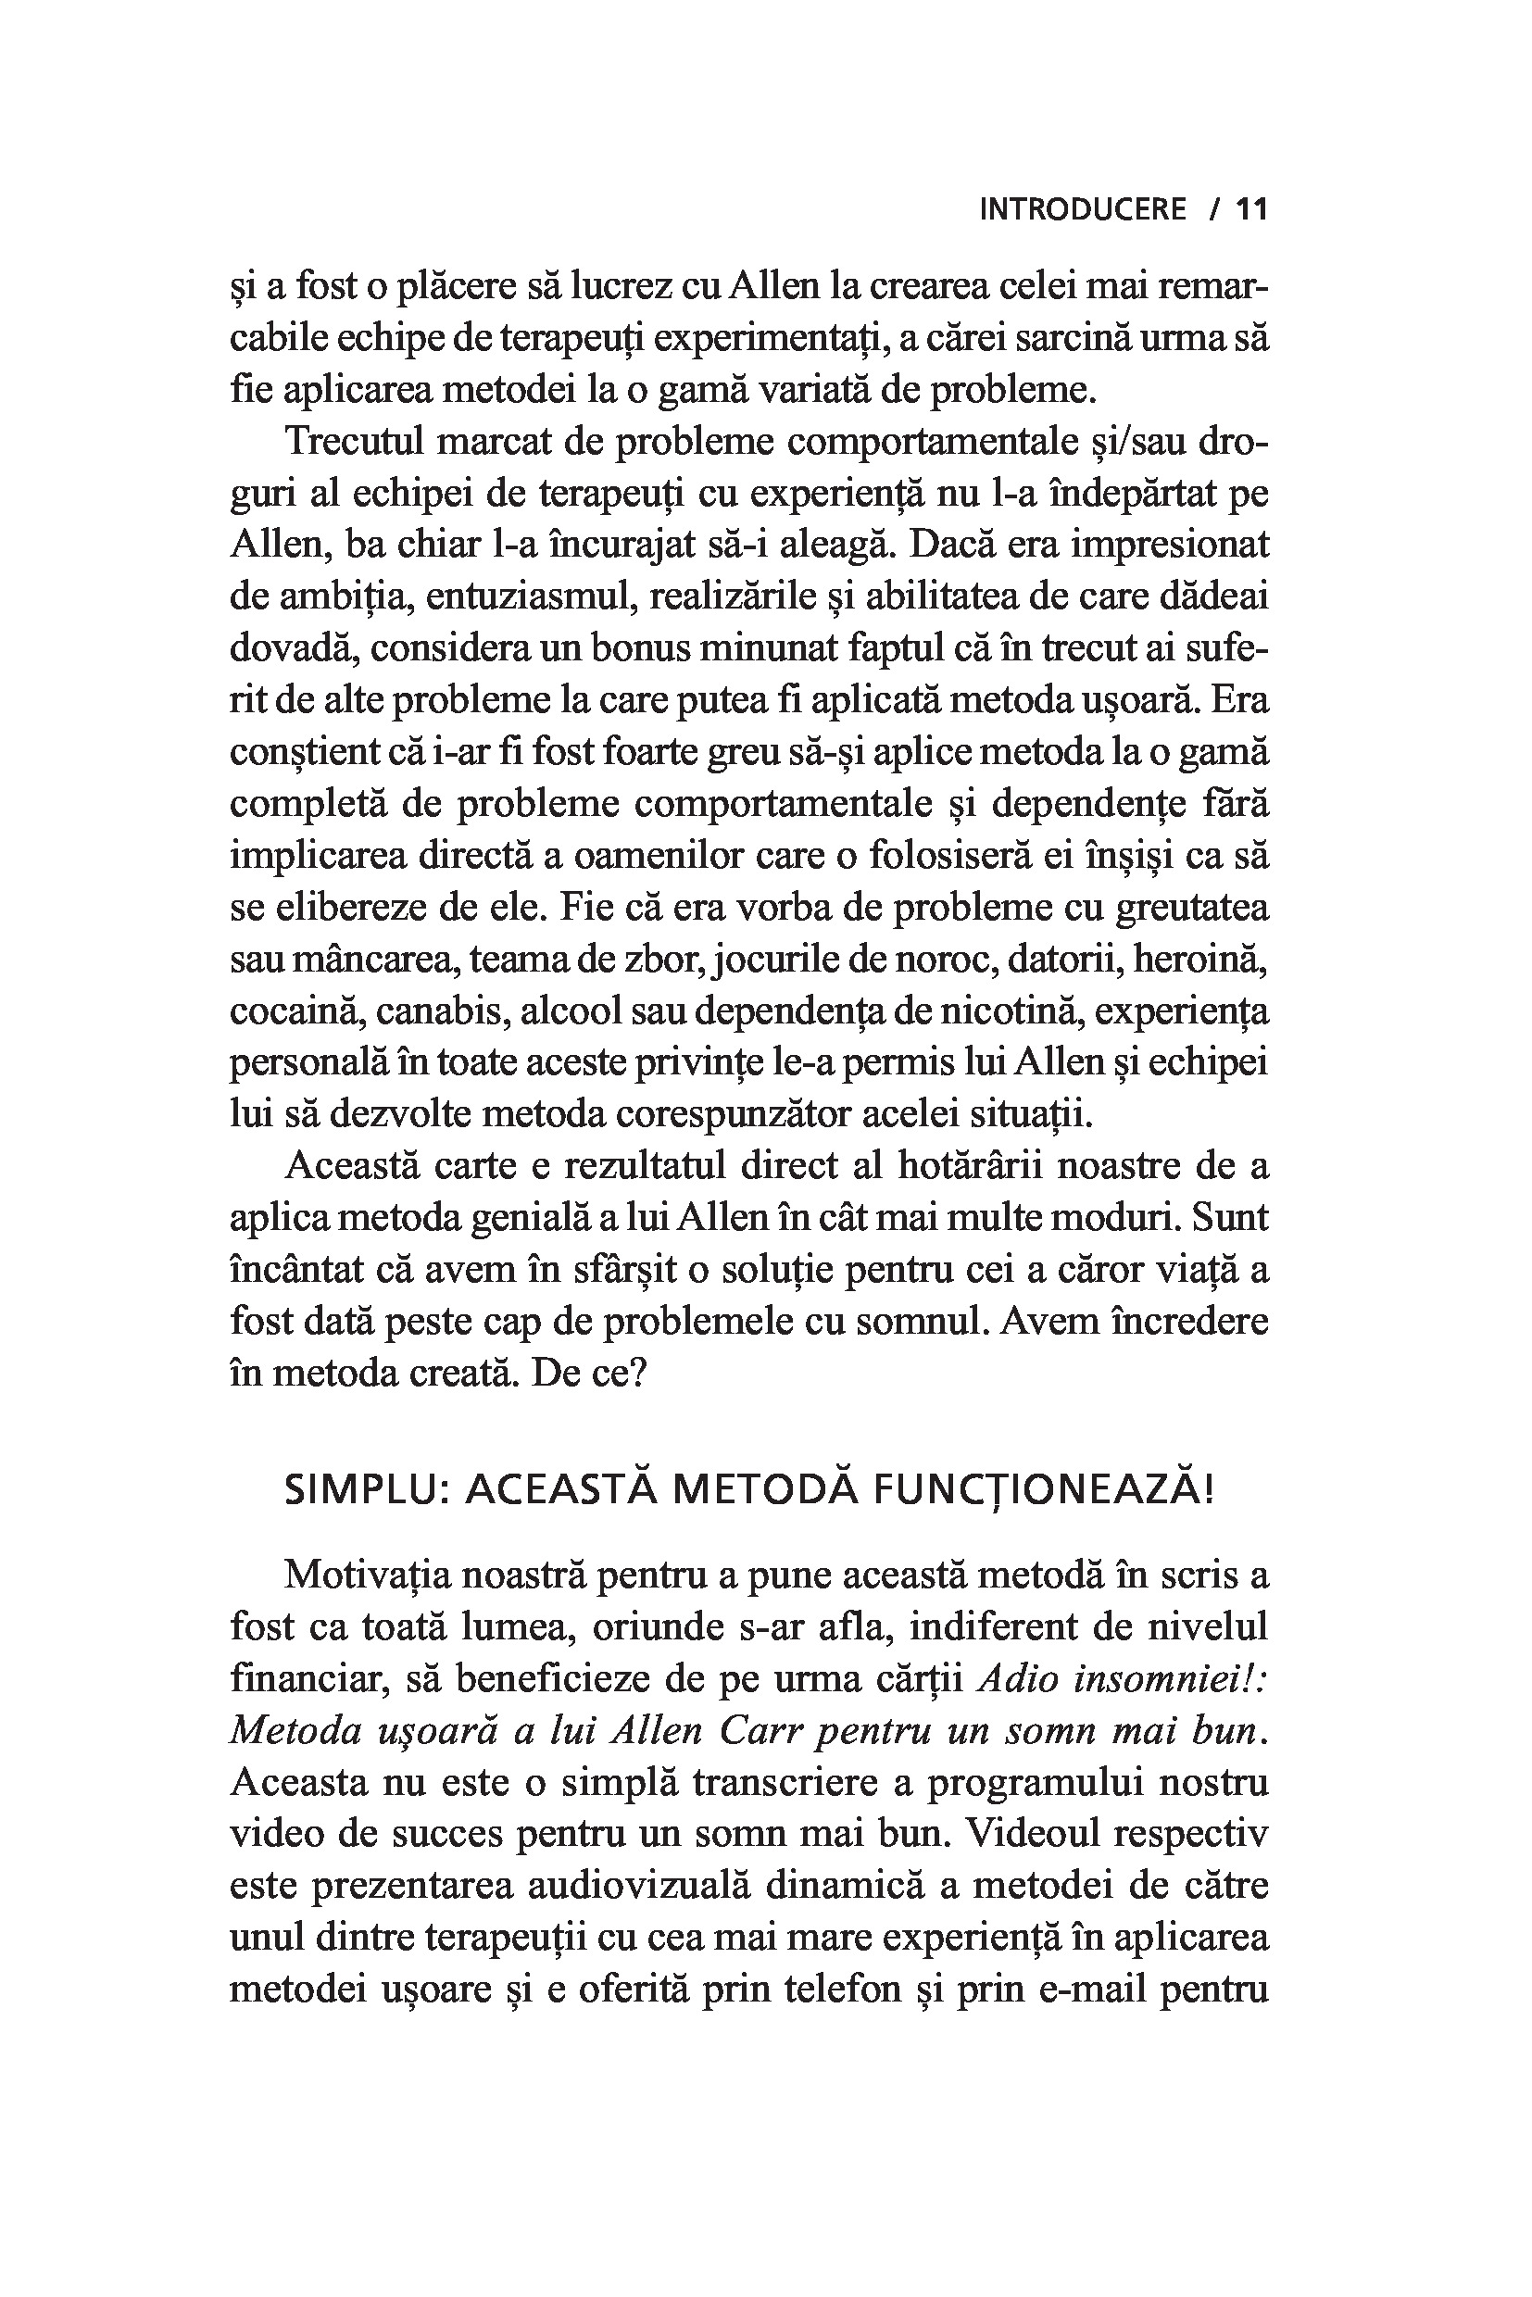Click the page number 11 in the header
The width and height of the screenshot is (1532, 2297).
pyautogui.click(x=1250, y=209)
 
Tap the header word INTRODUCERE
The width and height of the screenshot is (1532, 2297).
pyautogui.click(x=1083, y=209)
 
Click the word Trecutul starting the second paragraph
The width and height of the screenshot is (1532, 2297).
pyautogui.click(x=353, y=442)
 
